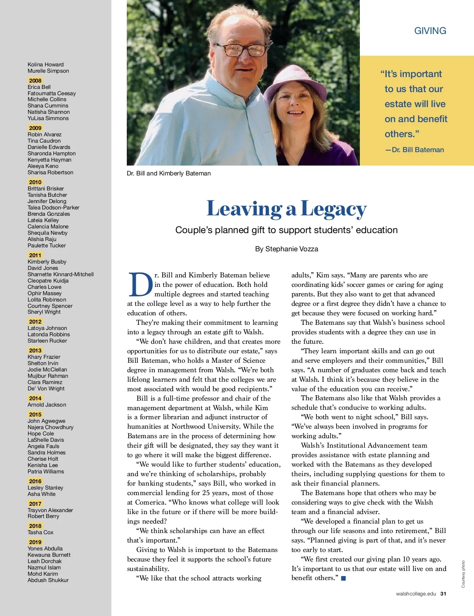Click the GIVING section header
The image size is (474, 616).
[x=430, y=31]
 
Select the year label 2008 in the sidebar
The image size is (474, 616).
[x=35, y=81]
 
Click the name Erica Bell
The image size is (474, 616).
[x=39, y=87]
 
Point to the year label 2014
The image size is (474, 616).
[x=35, y=398]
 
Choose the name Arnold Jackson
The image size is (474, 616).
[x=47, y=405]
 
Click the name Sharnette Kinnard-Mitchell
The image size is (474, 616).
[x=60, y=274]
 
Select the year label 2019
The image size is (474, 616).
[x=35, y=542]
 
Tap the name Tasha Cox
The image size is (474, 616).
[x=40, y=532]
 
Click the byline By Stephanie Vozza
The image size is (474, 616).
[x=286, y=249]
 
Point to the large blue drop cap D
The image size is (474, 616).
[x=140, y=284]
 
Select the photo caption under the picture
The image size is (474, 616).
[x=169, y=173]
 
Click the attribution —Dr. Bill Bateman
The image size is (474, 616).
[x=415, y=150]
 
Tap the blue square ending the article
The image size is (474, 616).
[x=343, y=578]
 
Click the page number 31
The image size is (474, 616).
[x=443, y=593]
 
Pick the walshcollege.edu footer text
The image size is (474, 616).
[x=416, y=593]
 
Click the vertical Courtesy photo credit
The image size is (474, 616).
[x=463, y=574]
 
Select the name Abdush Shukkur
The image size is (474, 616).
[x=48, y=580]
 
